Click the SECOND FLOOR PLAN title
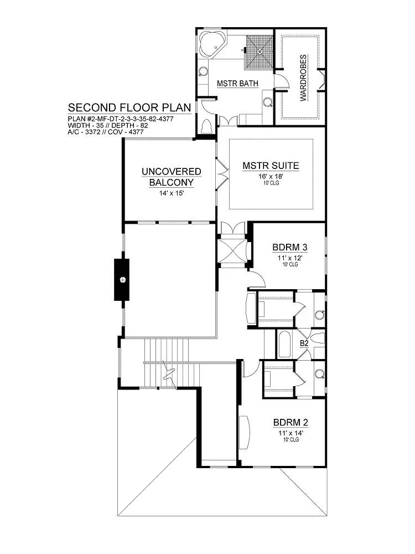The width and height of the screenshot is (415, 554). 129,107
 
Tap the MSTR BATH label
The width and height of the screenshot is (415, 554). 237,84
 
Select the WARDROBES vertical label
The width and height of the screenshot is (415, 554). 303,78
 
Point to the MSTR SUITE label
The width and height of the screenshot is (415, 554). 271,166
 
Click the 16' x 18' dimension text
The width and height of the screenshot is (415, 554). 271,176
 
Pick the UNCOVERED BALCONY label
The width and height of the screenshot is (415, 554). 172,177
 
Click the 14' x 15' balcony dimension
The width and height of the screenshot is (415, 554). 172,193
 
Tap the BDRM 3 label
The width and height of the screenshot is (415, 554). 290,247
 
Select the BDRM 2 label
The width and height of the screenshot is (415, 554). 291,423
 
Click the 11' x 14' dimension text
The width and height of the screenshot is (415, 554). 291,433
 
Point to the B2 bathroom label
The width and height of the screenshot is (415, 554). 304,343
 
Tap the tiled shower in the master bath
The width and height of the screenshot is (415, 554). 260,52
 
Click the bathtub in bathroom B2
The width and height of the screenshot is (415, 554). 284,345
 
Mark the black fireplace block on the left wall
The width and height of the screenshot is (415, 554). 122,279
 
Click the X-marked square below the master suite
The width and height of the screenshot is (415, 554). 232,251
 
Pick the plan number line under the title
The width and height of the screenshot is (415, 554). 121,119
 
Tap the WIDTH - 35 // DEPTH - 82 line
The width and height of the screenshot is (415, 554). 108,125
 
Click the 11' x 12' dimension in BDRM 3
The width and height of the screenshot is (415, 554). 290,258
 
